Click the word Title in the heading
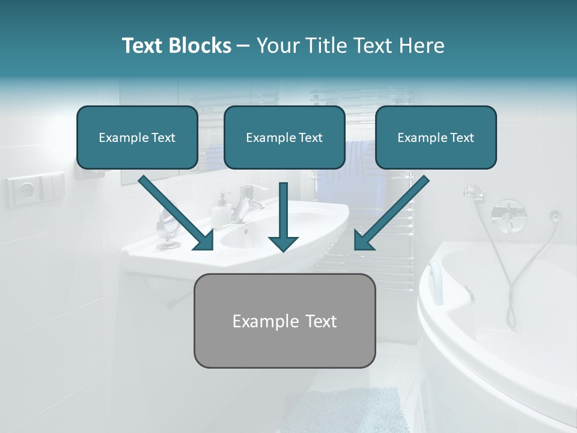pos(323,46)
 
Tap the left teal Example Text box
pos(137,138)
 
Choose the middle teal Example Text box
pos(284,138)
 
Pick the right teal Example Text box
pos(436,138)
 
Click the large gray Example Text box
pos(284,321)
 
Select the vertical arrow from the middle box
pos(283,216)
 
